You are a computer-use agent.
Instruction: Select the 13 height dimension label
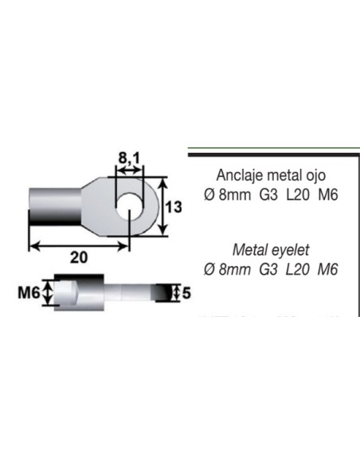pyautogui.click(x=175, y=207)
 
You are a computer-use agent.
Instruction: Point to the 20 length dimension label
pyautogui.click(x=79, y=259)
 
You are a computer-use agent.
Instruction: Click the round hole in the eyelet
pyautogui.click(x=127, y=205)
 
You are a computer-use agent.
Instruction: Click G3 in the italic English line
pyautogui.click(x=268, y=269)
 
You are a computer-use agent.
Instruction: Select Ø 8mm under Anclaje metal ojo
pyautogui.click(x=225, y=194)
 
